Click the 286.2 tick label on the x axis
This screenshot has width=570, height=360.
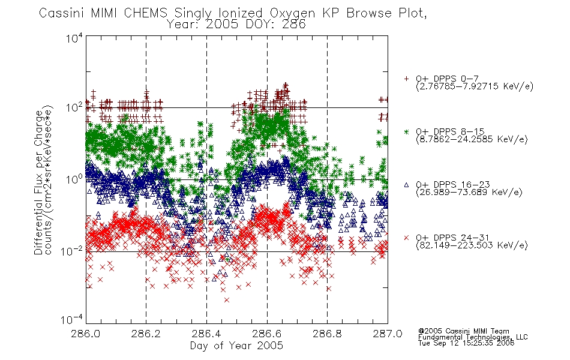click(x=146, y=334)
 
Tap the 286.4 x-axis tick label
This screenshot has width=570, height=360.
click(x=206, y=334)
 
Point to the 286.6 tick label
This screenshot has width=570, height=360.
click(x=267, y=334)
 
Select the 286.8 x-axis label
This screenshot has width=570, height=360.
click(x=327, y=334)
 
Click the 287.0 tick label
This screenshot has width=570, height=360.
click(x=388, y=334)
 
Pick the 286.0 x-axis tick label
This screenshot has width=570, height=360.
click(x=86, y=334)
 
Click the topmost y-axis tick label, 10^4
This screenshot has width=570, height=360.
click(x=74, y=38)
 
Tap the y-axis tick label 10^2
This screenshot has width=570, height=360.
click(x=74, y=107)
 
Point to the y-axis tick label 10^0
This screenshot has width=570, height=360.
click(x=74, y=179)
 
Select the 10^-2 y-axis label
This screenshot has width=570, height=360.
click(x=72, y=251)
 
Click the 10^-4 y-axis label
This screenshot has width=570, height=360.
click(x=72, y=320)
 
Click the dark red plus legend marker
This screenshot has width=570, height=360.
click(x=406, y=79)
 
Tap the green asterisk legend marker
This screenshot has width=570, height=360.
click(x=406, y=131)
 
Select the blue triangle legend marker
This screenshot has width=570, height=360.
click(x=406, y=185)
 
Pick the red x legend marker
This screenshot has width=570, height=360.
click(x=406, y=238)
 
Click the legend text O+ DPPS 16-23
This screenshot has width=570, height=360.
click(x=453, y=185)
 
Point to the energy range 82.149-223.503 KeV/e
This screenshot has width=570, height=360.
click(x=472, y=245)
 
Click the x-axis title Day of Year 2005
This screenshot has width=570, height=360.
click(x=236, y=346)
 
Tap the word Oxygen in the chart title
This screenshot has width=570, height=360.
click(x=292, y=13)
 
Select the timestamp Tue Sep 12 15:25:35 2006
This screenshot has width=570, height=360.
click(x=466, y=343)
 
